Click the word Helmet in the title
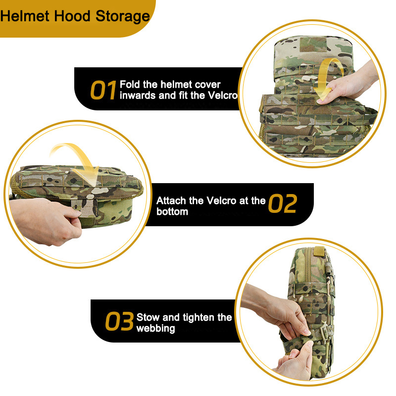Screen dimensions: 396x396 pyautogui.click(x=25, y=16)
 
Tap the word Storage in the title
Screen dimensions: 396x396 pyautogui.click(x=123, y=17)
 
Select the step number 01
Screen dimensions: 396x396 pyautogui.click(x=103, y=90)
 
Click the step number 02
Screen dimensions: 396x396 pyautogui.click(x=283, y=203)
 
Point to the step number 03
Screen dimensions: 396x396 pyautogui.click(x=119, y=321)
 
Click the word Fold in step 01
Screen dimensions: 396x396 pyautogui.click(x=130, y=84)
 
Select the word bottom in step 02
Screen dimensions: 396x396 pyautogui.click(x=172, y=212)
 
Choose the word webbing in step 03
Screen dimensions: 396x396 pyautogui.click(x=155, y=329)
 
